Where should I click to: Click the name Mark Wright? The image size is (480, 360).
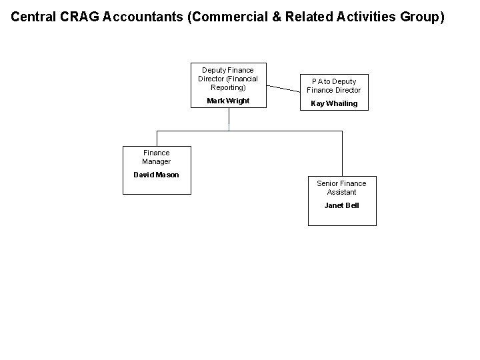(x=228, y=101)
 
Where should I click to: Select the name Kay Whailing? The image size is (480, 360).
(x=333, y=103)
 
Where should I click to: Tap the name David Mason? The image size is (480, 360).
(x=156, y=175)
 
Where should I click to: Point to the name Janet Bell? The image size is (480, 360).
(x=341, y=205)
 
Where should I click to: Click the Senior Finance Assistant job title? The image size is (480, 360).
(x=341, y=187)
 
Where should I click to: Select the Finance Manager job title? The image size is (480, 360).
(x=156, y=157)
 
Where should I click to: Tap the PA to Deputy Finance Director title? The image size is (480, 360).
(x=333, y=85)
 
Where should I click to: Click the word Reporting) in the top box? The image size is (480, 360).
(x=228, y=87)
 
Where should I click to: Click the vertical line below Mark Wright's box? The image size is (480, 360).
(x=229, y=119)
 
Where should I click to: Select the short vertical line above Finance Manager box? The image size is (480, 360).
(x=157, y=138)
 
